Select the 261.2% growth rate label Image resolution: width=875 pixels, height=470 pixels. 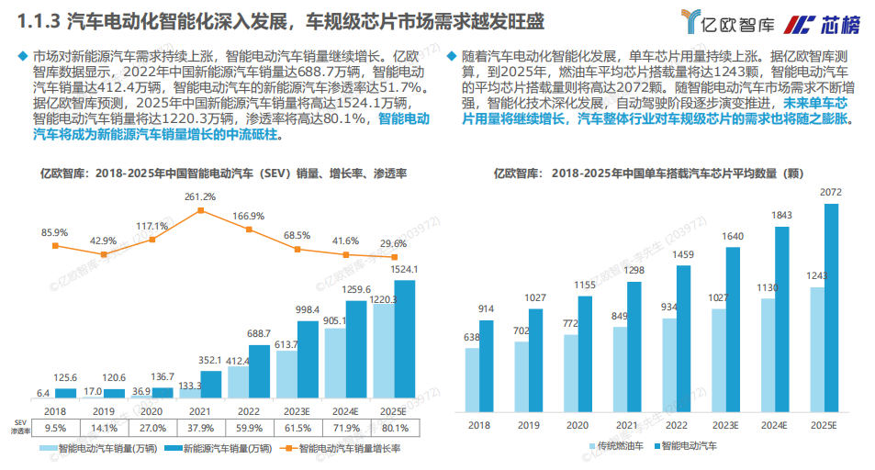[x=200, y=196]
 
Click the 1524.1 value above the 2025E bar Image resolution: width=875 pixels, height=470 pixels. [x=404, y=269]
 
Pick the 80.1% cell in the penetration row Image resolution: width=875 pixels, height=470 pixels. [x=395, y=427]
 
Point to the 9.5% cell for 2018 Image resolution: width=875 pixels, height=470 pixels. [x=55, y=427]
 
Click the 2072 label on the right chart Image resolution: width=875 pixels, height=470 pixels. [x=831, y=192]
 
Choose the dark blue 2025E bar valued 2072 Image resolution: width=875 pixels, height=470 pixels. [x=832, y=308]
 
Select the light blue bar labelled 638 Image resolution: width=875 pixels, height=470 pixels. [x=472, y=380]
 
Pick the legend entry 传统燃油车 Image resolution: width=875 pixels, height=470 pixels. [x=618, y=446]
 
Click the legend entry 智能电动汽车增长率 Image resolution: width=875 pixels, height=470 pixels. [x=343, y=450]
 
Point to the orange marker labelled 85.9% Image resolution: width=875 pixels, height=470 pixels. [x=55, y=246]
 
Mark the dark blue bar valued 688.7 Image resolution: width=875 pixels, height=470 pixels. [x=260, y=376]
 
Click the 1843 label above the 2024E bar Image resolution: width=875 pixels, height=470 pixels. [x=781, y=215]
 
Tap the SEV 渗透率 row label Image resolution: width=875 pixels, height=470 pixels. [x=19, y=427]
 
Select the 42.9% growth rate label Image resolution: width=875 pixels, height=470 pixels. [x=103, y=241]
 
